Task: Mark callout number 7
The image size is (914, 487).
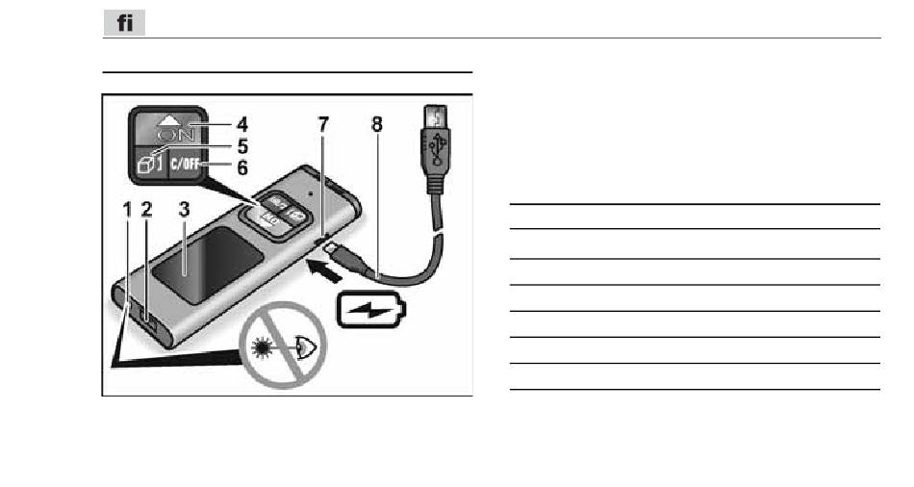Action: [323, 124]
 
